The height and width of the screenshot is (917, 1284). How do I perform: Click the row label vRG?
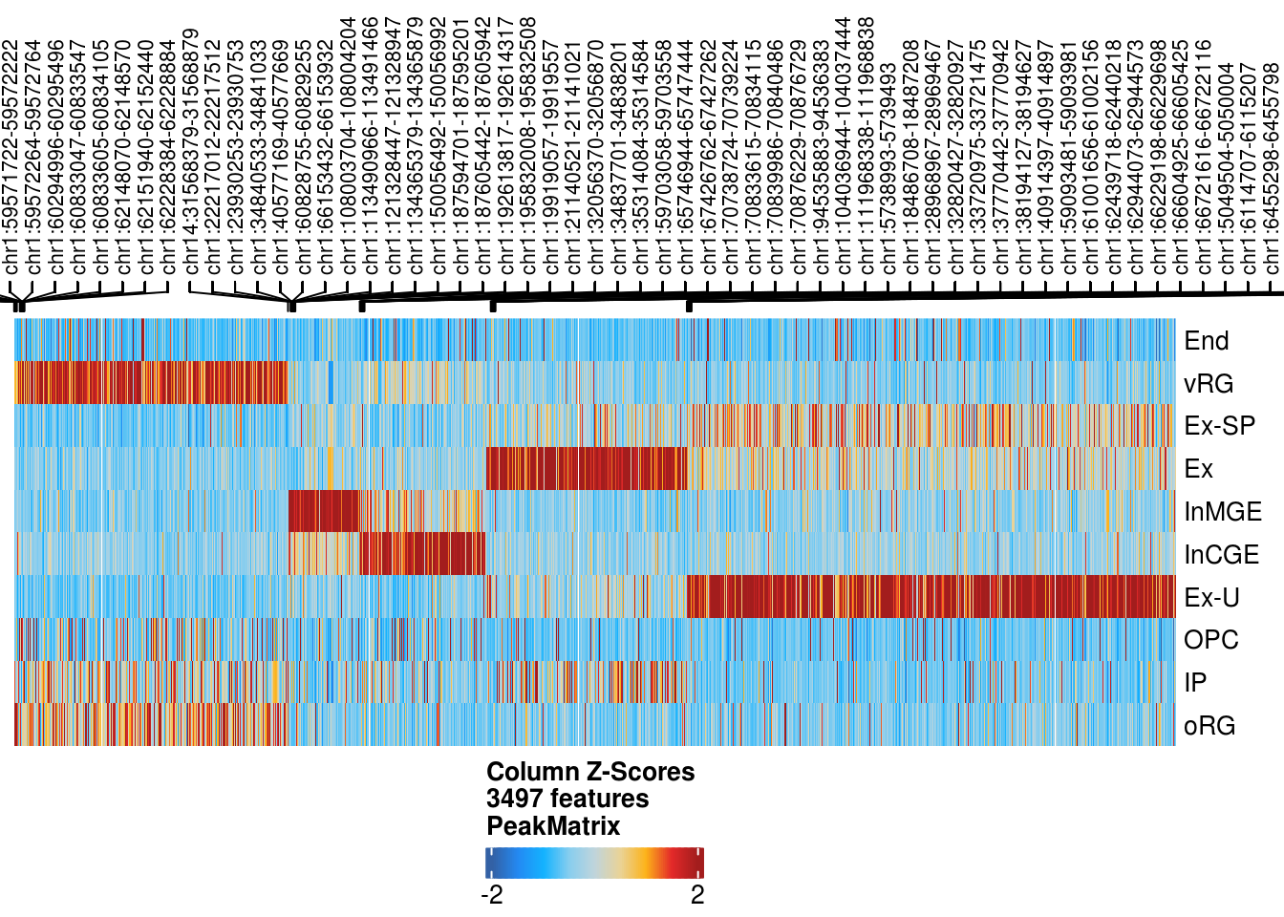pyautogui.click(x=1209, y=384)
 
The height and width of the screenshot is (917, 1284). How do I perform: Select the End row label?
pyautogui.click(x=1206, y=341)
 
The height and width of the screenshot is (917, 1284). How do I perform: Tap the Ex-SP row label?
pyautogui.click(x=1219, y=426)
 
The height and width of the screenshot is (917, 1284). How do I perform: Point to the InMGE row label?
pyautogui.click(x=1222, y=512)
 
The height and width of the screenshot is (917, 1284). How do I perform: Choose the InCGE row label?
pyautogui.click(x=1221, y=555)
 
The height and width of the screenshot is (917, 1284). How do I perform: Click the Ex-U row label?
pyautogui.click(x=1211, y=598)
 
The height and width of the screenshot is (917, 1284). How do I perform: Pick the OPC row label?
pyautogui.click(x=1210, y=640)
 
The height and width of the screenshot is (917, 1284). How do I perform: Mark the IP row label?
pyautogui.click(x=1194, y=683)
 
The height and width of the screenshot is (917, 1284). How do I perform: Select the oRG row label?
pyautogui.click(x=1209, y=726)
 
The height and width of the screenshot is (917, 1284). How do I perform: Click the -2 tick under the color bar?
pyautogui.click(x=491, y=895)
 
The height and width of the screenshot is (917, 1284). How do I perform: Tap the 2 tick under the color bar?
pyautogui.click(x=697, y=895)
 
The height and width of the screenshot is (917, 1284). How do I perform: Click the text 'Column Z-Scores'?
pyautogui.click(x=590, y=772)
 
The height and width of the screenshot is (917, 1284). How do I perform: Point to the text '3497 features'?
pyautogui.click(x=567, y=799)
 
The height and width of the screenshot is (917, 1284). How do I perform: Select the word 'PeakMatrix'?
pyautogui.click(x=553, y=826)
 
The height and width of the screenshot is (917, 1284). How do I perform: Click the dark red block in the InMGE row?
pyautogui.click(x=323, y=511)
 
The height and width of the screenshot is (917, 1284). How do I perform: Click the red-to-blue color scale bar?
pyautogui.click(x=594, y=864)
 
